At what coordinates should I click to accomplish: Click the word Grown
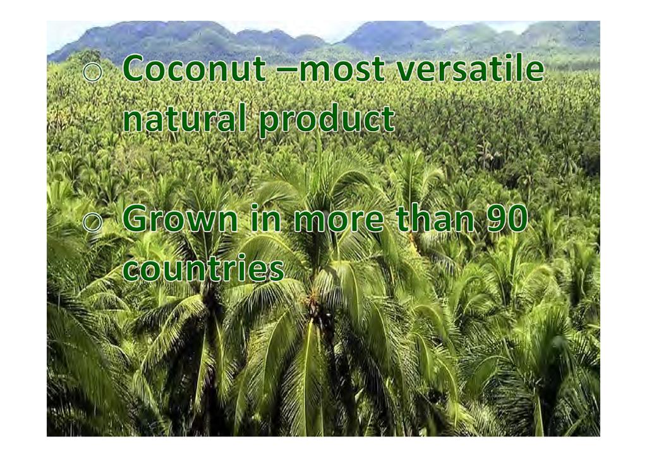(180, 218)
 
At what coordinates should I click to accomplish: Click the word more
(339, 221)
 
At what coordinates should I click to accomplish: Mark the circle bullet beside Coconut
(92, 72)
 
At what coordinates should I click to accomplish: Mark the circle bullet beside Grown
(92, 222)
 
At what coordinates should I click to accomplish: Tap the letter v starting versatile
(406, 71)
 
